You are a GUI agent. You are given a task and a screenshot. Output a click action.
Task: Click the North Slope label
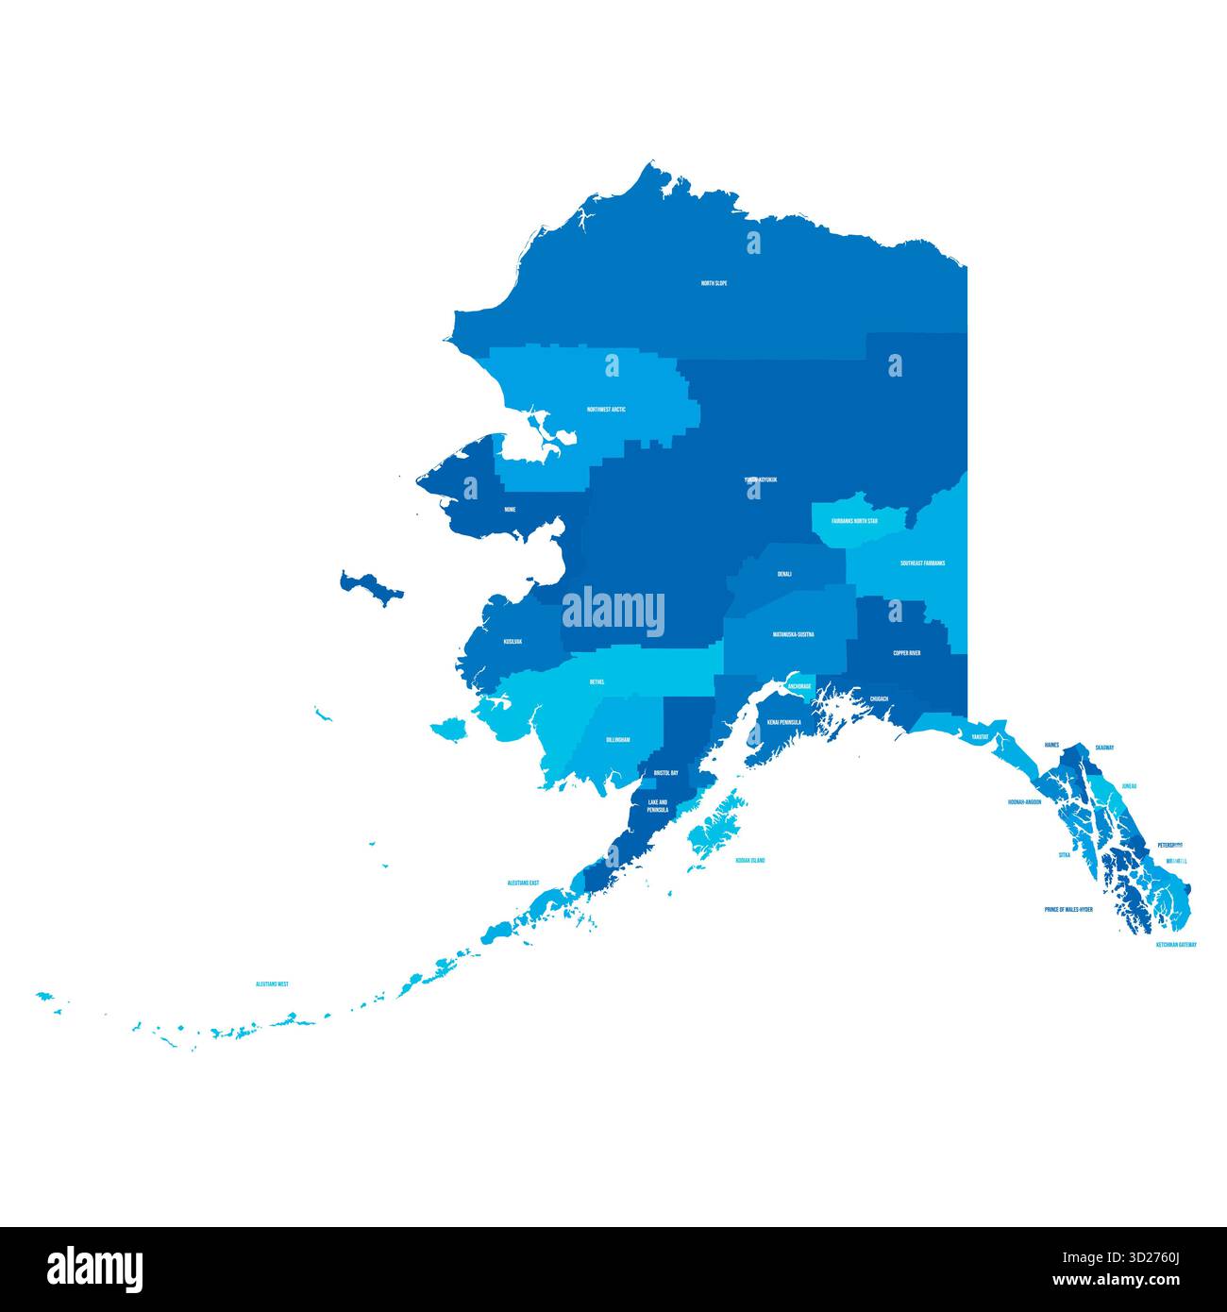coord(714,283)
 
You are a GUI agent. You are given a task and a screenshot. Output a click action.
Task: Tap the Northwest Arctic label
coord(606,410)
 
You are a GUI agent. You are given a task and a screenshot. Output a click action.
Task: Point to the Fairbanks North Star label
coord(854,520)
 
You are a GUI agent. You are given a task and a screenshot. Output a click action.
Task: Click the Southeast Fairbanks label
coord(922,563)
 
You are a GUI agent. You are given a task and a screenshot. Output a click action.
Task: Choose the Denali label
coord(784,574)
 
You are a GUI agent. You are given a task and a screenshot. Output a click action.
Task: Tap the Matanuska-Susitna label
coord(793,634)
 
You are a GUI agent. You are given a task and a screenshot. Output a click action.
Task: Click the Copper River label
coord(907,652)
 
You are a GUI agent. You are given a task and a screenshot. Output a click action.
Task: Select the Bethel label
coord(597,681)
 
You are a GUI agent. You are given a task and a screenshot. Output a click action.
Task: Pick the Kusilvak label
coord(513,642)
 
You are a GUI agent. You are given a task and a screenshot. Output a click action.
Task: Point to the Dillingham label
coord(618,740)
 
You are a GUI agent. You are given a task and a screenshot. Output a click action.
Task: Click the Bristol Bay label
coord(666,773)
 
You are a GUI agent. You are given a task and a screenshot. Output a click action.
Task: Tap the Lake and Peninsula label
coord(658,805)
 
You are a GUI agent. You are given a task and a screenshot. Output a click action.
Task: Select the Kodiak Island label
coord(750,861)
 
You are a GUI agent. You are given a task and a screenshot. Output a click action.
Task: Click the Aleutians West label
coord(272,984)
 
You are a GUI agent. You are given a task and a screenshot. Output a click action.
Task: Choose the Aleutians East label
coord(523,883)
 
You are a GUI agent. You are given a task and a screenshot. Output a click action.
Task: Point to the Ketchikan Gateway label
coord(1176,944)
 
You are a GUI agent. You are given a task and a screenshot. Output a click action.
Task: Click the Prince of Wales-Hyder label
coord(1068,910)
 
